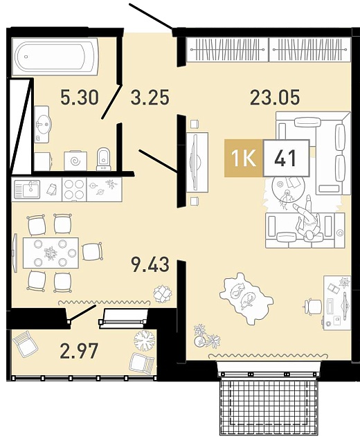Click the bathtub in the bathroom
[55, 57]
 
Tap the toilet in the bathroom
[104, 159]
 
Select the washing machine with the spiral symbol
[75, 161]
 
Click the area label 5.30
[80, 97]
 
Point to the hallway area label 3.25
[150, 97]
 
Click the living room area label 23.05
[275, 97]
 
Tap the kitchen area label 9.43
[150, 265]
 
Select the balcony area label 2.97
[79, 351]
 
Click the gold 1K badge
[244, 159]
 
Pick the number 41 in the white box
[285, 159]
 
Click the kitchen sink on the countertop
[28, 189]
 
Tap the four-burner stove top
[74, 189]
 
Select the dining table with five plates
[51, 253]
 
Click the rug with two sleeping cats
[246, 298]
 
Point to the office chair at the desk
[313, 307]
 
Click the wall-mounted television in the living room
[195, 161]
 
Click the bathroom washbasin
[42, 125]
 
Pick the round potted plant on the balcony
[145, 341]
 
